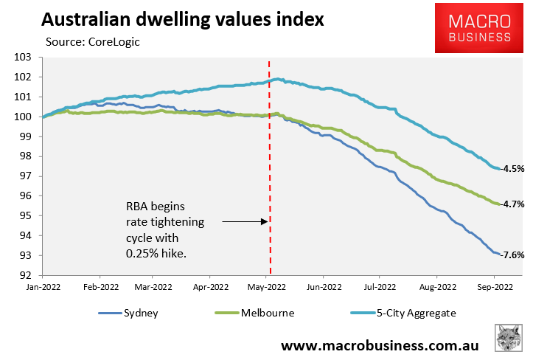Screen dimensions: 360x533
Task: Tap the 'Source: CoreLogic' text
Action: coord(92,42)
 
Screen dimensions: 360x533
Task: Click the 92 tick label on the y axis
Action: coord(29,276)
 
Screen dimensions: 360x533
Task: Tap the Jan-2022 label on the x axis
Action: coord(43,286)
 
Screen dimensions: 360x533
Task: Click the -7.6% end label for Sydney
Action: coord(513,255)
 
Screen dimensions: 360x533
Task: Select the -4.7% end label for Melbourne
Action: coord(513,204)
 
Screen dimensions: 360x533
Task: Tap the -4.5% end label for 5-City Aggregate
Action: coord(513,168)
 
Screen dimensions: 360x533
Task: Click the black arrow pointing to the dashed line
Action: coord(243,221)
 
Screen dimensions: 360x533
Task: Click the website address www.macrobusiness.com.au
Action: coord(380,345)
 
